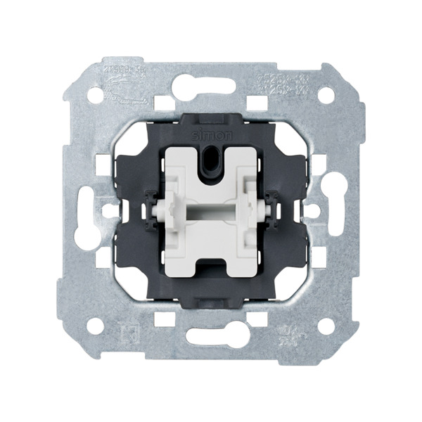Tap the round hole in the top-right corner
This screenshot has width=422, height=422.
[326, 94]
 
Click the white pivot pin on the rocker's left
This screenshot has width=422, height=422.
[157, 210]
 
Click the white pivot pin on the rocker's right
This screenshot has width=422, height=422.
[265, 210]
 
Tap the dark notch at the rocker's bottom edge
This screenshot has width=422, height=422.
[211, 267]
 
